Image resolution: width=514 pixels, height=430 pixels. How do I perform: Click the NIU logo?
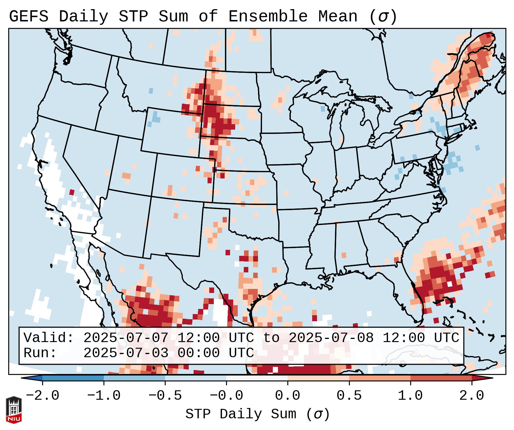tap(14, 410)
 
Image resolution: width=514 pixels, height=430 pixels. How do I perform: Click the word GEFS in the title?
tap(29, 17)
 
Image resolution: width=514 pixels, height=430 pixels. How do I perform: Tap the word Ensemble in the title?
tap(268, 17)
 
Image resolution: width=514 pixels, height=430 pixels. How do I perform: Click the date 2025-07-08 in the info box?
tap(331, 338)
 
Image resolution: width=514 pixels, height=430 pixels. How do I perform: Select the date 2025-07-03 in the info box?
tap(126, 353)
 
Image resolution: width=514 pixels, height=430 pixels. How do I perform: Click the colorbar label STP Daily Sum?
tap(241, 414)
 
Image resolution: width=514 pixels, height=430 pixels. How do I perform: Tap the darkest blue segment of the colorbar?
tap(73, 378)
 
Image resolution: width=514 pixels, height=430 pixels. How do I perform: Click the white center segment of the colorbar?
tap(257, 378)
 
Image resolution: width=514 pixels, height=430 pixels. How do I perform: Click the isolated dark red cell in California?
tap(72, 192)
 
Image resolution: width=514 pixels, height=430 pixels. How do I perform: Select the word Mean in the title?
tap(338, 17)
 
